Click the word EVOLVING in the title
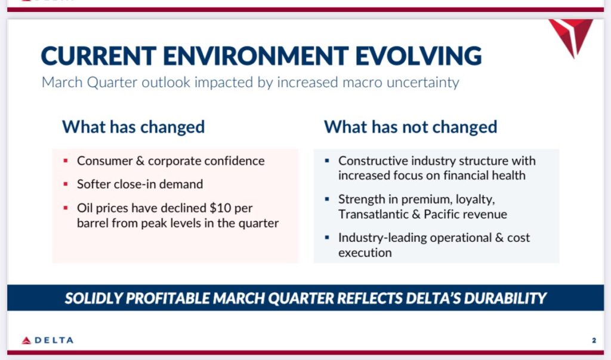[418, 56]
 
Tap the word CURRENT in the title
[98, 56]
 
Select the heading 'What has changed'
[133, 127]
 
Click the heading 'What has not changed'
[411, 127]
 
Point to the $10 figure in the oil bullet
[220, 208]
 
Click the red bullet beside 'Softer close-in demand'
[66, 184]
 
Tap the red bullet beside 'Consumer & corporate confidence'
[66, 161]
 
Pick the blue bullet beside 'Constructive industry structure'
[327, 161]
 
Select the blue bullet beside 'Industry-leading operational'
[327, 237]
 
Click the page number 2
[594, 340]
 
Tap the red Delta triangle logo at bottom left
[26, 340]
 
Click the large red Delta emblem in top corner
[570, 38]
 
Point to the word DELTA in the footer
[54, 340]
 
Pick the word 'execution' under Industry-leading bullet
[365, 253]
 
